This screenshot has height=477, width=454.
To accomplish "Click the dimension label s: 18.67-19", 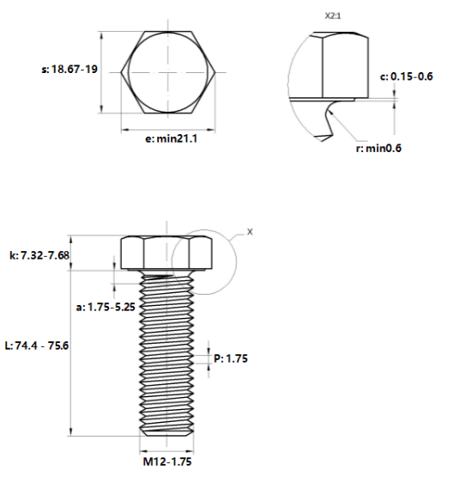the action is point(70,70).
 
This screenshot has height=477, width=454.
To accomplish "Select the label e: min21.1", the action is point(172,139).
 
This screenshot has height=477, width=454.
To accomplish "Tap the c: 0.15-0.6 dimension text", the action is point(406,76).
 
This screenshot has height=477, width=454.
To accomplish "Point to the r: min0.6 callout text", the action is point(378,148).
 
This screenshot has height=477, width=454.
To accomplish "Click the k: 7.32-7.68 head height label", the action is point(39,255).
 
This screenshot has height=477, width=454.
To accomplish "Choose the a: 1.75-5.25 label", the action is point(106,307).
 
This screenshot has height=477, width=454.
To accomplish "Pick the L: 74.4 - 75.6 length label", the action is point(37,346).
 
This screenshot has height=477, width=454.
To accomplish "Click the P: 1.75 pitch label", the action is point(231,358).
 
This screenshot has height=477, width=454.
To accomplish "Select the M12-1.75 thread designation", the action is point(167,462).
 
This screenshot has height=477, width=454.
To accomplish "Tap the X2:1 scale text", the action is point(333,15).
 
